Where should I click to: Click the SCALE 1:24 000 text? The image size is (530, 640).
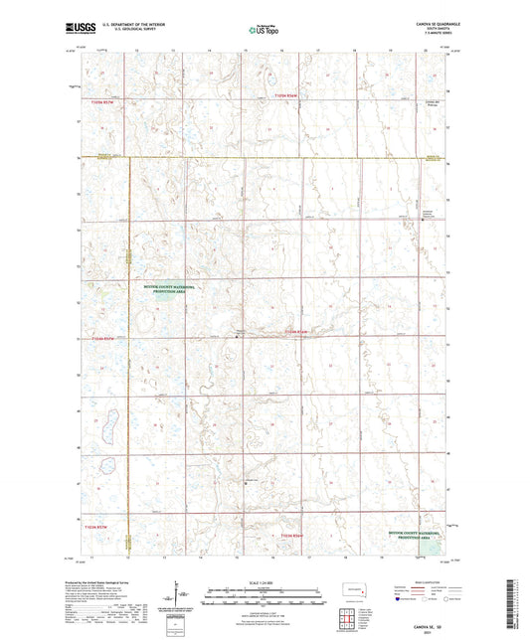[265, 582]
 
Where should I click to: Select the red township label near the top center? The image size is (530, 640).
[289, 97]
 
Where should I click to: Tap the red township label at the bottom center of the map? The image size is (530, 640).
[290, 539]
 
